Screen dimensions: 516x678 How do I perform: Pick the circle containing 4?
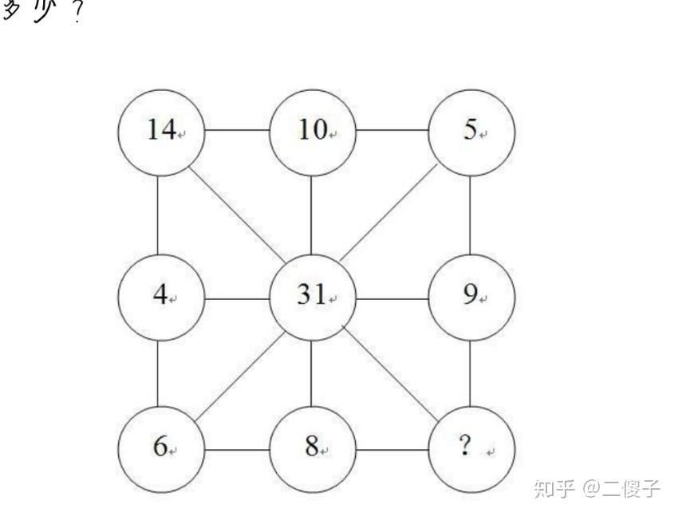pyautogui.click(x=161, y=297)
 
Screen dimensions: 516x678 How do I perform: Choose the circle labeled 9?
pyautogui.click(x=471, y=297)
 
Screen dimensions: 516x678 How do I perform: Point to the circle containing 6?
pyautogui.click(x=161, y=447)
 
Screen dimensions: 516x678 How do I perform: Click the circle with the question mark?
pyautogui.click(x=471, y=447)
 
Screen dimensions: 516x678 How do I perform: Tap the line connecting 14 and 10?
pyautogui.click(x=237, y=130)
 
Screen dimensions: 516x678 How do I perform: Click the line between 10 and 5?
pyautogui.click(x=392, y=130)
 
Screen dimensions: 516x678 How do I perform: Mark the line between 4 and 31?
pyautogui.click(x=237, y=300)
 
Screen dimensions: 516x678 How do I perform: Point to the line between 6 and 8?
pyautogui.click(x=237, y=449)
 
